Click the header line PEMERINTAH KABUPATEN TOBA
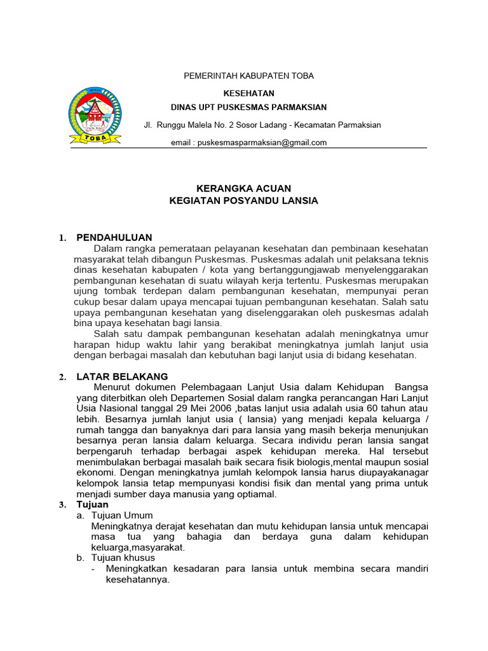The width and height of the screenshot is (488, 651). (x=248, y=76)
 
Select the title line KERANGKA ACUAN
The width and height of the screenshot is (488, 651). (x=243, y=188)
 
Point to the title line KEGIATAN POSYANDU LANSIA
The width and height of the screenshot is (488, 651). (x=243, y=201)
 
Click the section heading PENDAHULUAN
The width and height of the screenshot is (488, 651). (x=114, y=237)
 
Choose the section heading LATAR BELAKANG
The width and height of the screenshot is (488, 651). (x=122, y=376)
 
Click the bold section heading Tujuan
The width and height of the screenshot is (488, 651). (x=93, y=504)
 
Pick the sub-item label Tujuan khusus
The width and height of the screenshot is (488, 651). (x=123, y=558)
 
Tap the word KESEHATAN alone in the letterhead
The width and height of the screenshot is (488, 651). (x=248, y=93)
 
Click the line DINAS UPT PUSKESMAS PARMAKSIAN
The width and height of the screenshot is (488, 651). (x=249, y=107)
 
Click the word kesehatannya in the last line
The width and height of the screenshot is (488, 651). (x=137, y=580)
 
